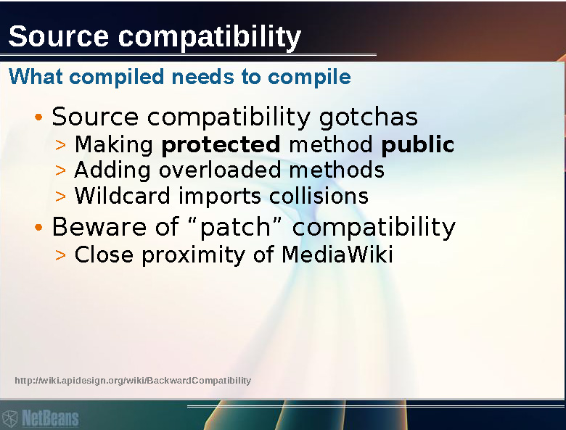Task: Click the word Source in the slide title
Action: coord(58,36)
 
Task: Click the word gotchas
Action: coord(368,117)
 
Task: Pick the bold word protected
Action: coord(221,145)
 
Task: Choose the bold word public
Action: coord(418,144)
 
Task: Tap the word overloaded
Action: coord(220,170)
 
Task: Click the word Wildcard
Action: coord(122,196)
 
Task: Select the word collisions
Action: coord(319,196)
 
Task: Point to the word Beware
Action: coord(99,227)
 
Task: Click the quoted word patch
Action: coord(235,227)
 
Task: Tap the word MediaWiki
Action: coord(337,255)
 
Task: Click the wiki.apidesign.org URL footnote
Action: coord(133,381)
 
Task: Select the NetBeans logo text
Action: coord(50,418)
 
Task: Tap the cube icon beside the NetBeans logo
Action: coord(9,418)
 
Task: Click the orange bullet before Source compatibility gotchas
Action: coord(38,117)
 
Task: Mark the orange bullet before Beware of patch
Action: coord(38,227)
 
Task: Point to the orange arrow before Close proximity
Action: coord(61,255)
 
